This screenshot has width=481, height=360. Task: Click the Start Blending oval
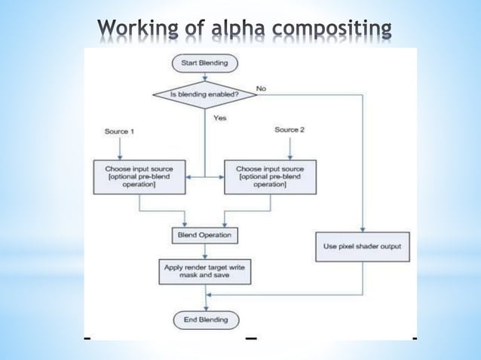click(205, 63)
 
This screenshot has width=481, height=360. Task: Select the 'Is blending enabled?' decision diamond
click(205, 96)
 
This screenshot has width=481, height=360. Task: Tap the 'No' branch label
click(261, 89)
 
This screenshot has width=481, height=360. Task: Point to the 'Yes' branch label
click(220, 118)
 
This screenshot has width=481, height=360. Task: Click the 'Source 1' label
click(118, 131)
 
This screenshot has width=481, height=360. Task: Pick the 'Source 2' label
click(290, 130)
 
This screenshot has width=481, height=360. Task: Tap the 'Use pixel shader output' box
click(362, 246)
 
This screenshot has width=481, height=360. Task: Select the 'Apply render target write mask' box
click(204, 271)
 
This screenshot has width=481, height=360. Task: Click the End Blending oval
click(205, 319)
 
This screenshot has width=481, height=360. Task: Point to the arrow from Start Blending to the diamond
click(205, 76)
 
